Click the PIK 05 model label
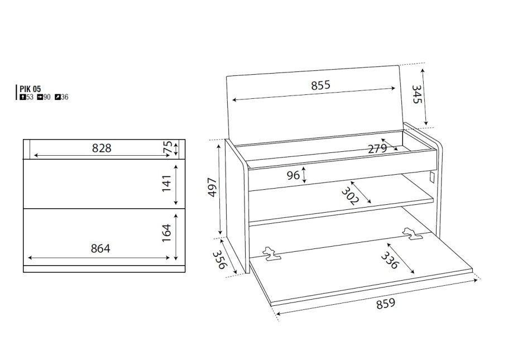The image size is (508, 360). pyautogui.click(x=30, y=89)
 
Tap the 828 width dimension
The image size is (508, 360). pyautogui.click(x=102, y=148)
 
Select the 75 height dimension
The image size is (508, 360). pyautogui.click(x=168, y=148)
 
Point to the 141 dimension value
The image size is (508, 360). pyautogui.click(x=166, y=184)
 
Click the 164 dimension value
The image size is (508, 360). pyautogui.click(x=166, y=233)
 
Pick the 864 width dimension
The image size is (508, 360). pyautogui.click(x=100, y=248)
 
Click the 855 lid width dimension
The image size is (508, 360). pyautogui.click(x=321, y=85)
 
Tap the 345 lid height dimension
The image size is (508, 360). pyautogui.click(x=416, y=94)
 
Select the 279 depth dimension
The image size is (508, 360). pyautogui.click(x=377, y=148)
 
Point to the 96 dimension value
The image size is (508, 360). pyautogui.click(x=293, y=175)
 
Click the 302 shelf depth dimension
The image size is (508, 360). pyautogui.click(x=350, y=196)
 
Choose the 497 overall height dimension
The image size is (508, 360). pyautogui.click(x=212, y=187)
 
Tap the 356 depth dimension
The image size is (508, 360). pyautogui.click(x=219, y=260)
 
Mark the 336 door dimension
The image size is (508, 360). pyautogui.click(x=389, y=261)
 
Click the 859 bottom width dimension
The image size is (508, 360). pyautogui.click(x=386, y=304)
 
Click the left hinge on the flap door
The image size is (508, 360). pyautogui.click(x=272, y=254)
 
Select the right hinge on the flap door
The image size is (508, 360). pyautogui.click(x=412, y=234)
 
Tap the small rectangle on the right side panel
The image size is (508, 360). pyautogui.click(x=432, y=177)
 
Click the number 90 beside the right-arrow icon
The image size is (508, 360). pyautogui.click(x=47, y=97)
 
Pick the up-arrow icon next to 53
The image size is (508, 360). pyautogui.click(x=23, y=97)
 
